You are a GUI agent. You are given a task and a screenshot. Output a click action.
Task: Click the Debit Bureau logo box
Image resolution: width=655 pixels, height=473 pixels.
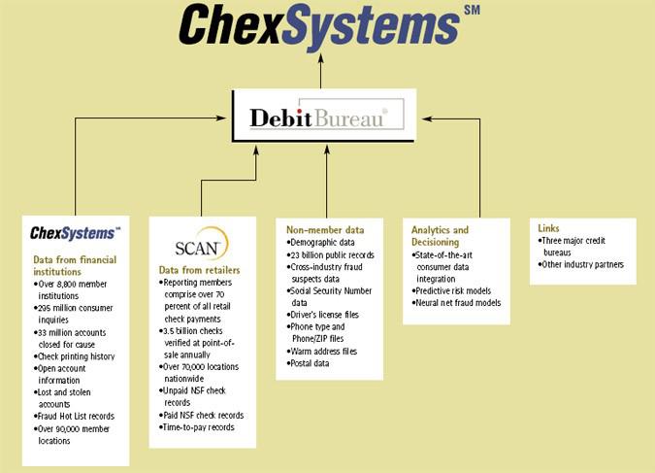[x=324, y=118]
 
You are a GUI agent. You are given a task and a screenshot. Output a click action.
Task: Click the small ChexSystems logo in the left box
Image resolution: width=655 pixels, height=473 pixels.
[x=75, y=232]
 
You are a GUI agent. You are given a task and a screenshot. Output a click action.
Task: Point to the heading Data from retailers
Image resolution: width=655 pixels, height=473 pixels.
[x=200, y=269]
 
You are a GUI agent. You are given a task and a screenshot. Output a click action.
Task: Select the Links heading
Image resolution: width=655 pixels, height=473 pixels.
[x=548, y=228]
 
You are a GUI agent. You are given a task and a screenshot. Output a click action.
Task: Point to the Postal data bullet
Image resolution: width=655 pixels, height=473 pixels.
[x=311, y=363]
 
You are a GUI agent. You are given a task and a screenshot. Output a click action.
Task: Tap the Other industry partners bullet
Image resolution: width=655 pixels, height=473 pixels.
[x=583, y=264]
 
